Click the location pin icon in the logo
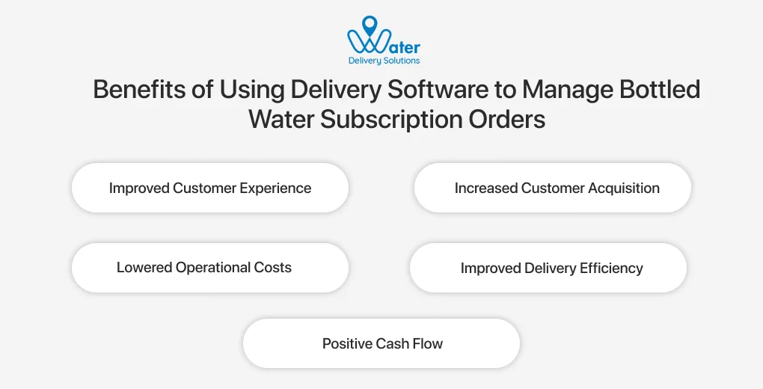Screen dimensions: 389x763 tap(369, 26)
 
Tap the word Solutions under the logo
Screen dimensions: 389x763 tap(402, 61)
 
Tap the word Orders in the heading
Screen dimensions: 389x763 tap(509, 119)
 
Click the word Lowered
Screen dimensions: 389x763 tap(144, 267)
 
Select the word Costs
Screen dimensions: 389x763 tap(274, 267)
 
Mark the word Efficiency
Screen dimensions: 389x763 tap(611, 268)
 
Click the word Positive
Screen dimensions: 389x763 tap(349, 344)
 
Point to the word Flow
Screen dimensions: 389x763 tap(429, 344)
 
